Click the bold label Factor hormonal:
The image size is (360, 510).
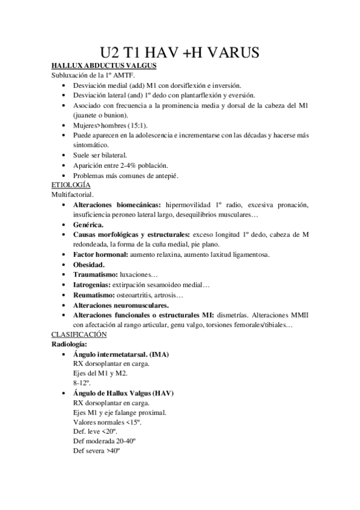(100, 254)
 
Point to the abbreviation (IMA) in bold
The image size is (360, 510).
(156, 354)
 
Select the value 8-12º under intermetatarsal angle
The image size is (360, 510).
(81, 382)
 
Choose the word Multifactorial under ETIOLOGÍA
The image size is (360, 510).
(72, 195)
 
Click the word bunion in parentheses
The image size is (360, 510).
(112, 115)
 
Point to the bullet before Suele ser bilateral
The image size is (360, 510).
(64, 156)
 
